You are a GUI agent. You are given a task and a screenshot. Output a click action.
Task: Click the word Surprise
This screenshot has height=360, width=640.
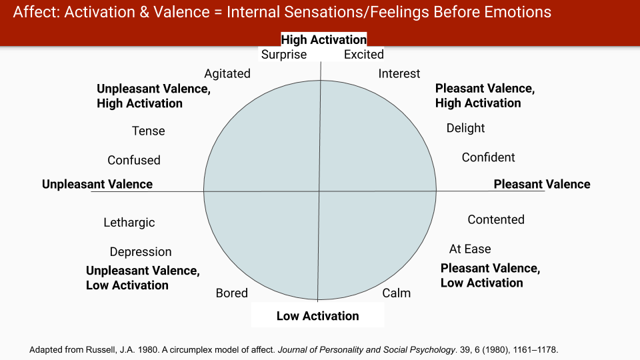pyautogui.click(x=284, y=55)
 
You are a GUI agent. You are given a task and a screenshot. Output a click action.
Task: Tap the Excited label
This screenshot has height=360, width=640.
pyautogui.click(x=364, y=54)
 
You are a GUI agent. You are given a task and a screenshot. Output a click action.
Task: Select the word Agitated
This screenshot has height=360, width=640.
pyautogui.click(x=227, y=74)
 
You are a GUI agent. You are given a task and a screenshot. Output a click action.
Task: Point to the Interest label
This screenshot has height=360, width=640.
pyautogui.click(x=399, y=73)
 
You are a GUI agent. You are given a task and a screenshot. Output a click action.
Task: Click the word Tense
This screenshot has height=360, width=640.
pyautogui.click(x=149, y=131)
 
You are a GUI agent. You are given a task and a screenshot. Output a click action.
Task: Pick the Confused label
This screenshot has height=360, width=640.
pyautogui.click(x=134, y=160)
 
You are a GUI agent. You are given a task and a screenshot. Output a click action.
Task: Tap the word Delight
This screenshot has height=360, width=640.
pyautogui.click(x=466, y=129)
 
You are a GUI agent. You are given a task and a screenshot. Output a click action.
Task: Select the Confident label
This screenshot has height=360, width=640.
pyautogui.click(x=489, y=157)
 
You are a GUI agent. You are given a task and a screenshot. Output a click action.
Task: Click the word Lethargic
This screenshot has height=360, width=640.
pyautogui.click(x=129, y=223)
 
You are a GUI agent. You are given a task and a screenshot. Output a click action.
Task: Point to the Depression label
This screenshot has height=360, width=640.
pyautogui.click(x=141, y=252)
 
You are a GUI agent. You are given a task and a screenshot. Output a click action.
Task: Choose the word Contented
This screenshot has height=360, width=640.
pyautogui.click(x=496, y=219)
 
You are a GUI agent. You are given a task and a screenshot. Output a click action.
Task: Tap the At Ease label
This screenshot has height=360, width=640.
pyautogui.click(x=470, y=249)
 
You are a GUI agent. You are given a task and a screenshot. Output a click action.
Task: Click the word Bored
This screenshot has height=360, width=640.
pyautogui.click(x=232, y=293)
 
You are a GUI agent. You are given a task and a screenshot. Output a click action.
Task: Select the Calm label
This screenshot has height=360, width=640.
pyautogui.click(x=396, y=293)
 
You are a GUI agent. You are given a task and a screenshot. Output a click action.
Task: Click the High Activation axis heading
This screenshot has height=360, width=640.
pyautogui.click(x=324, y=39)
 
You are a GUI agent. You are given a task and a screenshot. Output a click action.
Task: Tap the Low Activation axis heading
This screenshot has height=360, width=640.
pyautogui.click(x=318, y=316)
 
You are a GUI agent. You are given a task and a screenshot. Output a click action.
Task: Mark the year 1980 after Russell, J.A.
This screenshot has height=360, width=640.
pyautogui.click(x=147, y=350)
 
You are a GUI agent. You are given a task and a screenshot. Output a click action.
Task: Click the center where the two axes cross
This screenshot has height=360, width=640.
pyautogui.click(x=319, y=191)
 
